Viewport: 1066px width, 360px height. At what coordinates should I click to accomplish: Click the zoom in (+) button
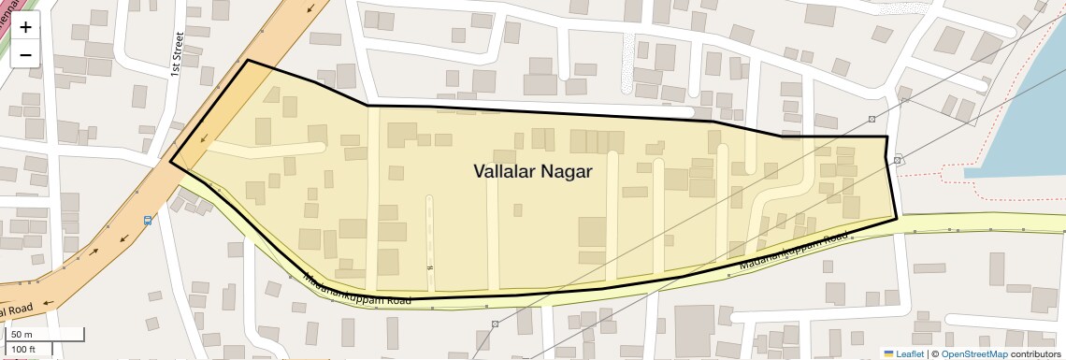point(25,28)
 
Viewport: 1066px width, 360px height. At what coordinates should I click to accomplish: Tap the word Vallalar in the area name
point(506,171)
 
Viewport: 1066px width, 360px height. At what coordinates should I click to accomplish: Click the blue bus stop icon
point(148,221)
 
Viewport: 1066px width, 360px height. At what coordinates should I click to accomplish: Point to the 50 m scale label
point(22,335)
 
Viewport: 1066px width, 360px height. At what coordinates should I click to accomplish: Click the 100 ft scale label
point(24,350)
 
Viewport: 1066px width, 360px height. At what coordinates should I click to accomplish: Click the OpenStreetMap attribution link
point(973,353)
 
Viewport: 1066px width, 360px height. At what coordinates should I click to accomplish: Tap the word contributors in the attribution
point(1036,353)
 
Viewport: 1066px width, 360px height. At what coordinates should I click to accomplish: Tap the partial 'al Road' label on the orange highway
point(17,310)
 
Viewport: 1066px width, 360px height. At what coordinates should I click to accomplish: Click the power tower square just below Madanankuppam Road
point(495,324)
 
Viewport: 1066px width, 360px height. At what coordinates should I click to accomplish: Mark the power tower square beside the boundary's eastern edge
point(897,160)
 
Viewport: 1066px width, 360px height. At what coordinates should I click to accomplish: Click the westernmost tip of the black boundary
point(170,162)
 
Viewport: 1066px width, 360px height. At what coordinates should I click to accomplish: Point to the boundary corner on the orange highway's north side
point(247,61)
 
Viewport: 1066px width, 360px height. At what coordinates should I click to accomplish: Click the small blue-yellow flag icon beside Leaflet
point(888,353)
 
